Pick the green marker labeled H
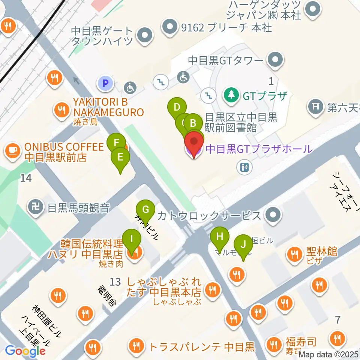pyautogui.click(x=220, y=237)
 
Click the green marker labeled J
pyautogui.click(x=243, y=245)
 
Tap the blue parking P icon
pyautogui.click(x=105, y=83)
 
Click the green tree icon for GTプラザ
pyautogui.click(x=231, y=96)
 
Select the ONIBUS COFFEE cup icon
pyautogui.click(x=12, y=151)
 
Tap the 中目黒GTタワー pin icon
pyautogui.click(x=275, y=59)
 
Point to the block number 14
pyautogui.click(x=26, y=178)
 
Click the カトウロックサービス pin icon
pyautogui.click(x=272, y=215)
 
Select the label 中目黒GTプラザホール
pyautogui.click(x=258, y=149)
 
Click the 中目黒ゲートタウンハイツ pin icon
pyautogui.click(x=144, y=36)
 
